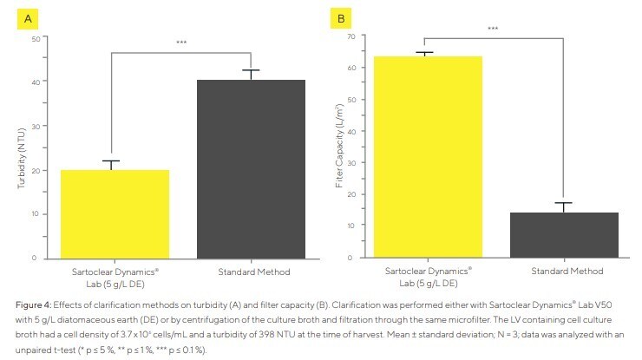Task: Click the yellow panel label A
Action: click(x=29, y=17)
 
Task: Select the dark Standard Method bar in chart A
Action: click(x=251, y=169)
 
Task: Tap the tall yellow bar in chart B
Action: click(x=423, y=156)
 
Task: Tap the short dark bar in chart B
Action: click(x=564, y=234)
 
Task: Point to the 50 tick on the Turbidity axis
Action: click(x=34, y=38)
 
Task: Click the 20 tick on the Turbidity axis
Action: click(x=34, y=170)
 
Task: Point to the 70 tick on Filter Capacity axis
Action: click(x=351, y=36)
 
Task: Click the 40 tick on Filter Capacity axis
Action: click(x=351, y=131)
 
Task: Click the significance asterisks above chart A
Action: click(x=181, y=43)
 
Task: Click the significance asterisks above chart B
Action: click(x=493, y=29)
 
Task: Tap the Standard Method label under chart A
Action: click(x=251, y=272)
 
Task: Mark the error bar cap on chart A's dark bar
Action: click(x=251, y=70)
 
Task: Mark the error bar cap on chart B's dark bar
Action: click(x=564, y=203)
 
